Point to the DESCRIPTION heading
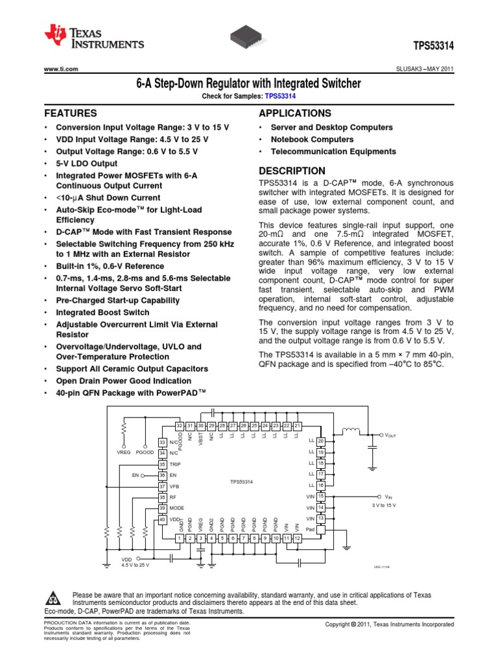[292, 171]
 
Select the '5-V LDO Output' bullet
[87, 163]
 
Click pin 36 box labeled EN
[162, 475]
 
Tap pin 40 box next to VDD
[162, 519]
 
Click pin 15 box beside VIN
[320, 496]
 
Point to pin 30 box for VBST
[201, 425]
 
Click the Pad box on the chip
[320, 529]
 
